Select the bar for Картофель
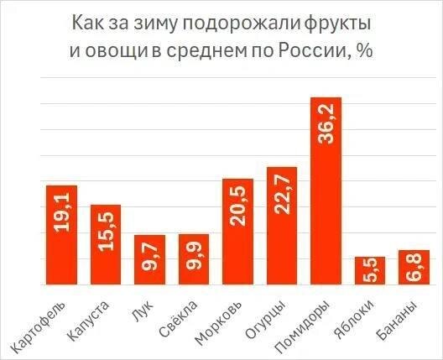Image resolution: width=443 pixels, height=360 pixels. click(x=62, y=235)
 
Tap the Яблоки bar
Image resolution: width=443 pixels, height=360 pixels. click(x=370, y=271)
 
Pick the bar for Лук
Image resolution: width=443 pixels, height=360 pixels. click(x=150, y=260)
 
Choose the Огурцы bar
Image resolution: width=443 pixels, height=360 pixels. click(x=282, y=227)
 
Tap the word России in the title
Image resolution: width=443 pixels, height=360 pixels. click(x=316, y=51)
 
